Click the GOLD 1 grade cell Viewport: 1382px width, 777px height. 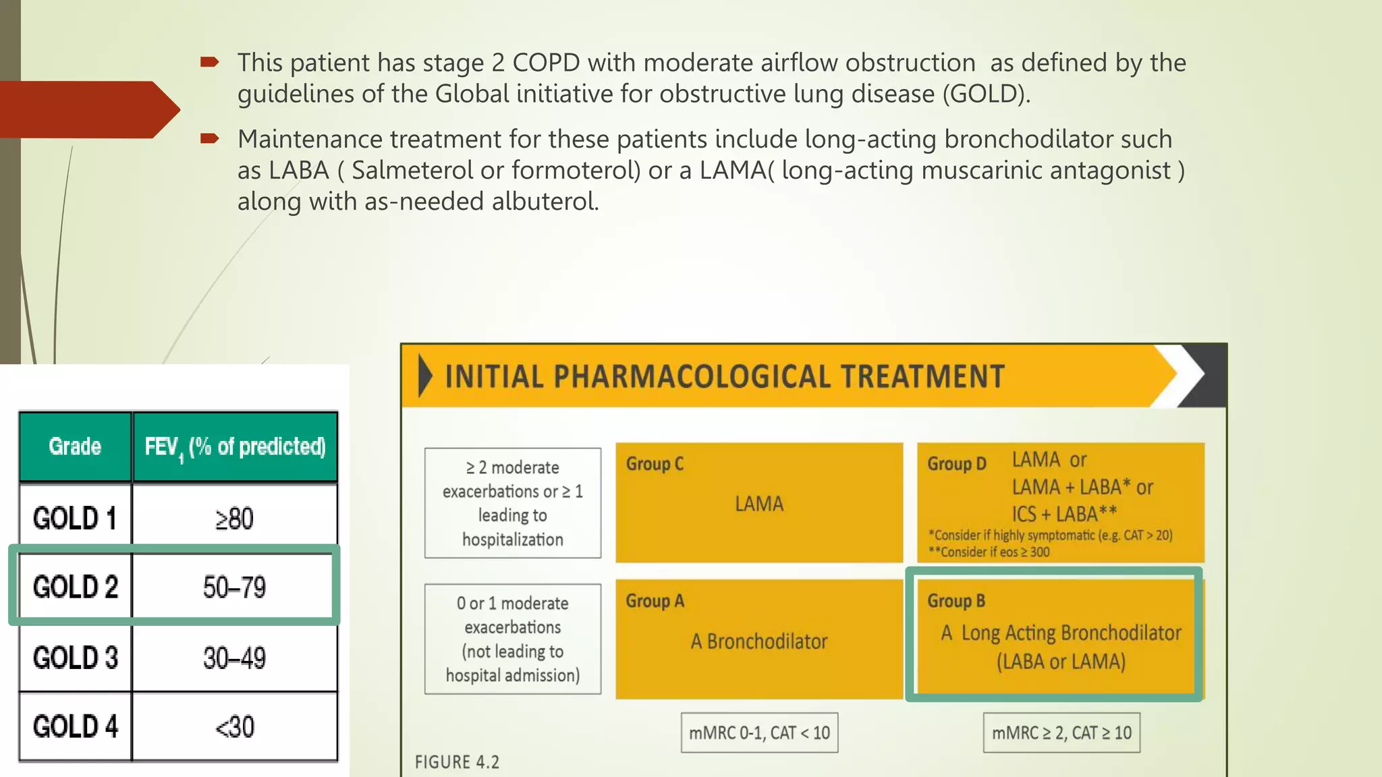(75, 518)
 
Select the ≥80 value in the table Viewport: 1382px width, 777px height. (234, 519)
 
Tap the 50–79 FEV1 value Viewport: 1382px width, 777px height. (234, 587)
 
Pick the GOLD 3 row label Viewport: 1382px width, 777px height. (75, 658)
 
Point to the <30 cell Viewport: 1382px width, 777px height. (234, 727)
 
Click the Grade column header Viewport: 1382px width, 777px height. (75, 447)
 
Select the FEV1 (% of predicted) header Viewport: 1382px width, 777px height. (235, 447)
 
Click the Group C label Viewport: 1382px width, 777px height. (655, 464)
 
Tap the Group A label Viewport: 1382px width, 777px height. (655, 601)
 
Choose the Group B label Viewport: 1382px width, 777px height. (956, 601)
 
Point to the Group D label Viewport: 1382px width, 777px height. (956, 464)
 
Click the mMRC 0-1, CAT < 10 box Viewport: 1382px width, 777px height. (759, 732)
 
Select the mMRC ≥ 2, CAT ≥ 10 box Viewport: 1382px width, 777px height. (1061, 732)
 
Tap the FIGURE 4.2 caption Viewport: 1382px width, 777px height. (457, 762)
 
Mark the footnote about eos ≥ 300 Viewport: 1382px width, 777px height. (989, 552)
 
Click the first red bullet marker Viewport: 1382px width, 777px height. (209, 63)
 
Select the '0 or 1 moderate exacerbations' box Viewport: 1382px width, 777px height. (513, 639)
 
